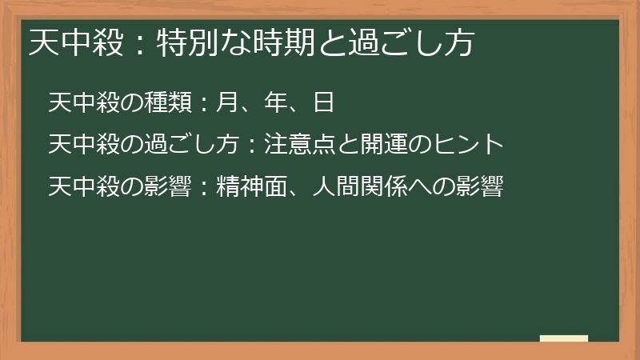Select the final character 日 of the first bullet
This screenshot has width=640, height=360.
324,102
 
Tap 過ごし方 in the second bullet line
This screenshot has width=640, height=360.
189,145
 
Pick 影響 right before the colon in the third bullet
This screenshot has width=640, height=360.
165,187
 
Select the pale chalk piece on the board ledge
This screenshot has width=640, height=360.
564,338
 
